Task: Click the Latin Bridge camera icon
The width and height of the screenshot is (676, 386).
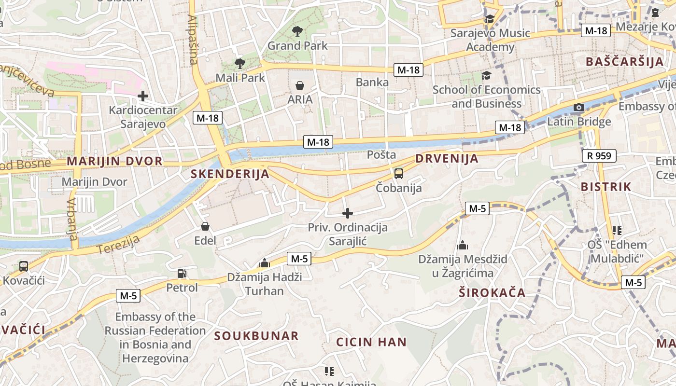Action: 579,107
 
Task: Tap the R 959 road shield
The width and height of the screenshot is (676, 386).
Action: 599,156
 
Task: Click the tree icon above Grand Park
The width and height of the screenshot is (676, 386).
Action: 297,32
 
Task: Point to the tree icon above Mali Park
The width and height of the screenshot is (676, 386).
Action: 239,63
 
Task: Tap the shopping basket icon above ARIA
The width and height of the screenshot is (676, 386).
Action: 300,86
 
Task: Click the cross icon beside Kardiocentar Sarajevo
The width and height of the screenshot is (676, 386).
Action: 143,96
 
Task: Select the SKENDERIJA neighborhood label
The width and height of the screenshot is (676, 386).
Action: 230,174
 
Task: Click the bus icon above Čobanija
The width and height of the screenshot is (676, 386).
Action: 399,174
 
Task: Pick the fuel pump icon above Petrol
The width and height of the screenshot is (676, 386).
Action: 182,274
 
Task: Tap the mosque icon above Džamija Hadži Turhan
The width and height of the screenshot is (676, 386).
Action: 264,263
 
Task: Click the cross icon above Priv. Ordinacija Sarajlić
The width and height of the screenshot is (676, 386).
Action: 348,213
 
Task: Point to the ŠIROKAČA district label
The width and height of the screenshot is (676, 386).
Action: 492,293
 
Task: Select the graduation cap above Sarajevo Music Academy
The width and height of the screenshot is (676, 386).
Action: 490,19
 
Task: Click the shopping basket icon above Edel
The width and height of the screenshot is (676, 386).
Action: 205,226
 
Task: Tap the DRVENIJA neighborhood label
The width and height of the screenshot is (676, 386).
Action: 447,159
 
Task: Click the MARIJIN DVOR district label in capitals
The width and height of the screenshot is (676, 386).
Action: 114,161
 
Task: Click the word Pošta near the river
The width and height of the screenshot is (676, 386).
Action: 381,155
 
